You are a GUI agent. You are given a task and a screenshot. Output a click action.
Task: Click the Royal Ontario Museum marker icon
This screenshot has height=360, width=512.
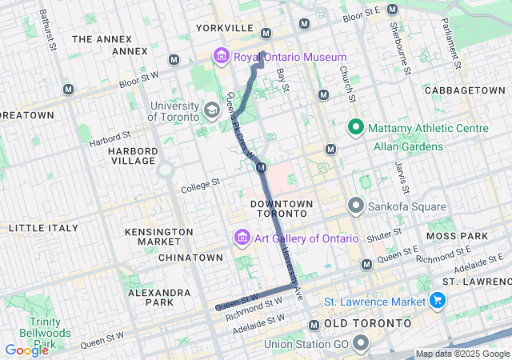[221, 57]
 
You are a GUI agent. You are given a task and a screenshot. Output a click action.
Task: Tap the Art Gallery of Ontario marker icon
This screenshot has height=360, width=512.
[241, 238]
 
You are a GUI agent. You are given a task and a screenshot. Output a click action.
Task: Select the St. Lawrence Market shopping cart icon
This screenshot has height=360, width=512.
[437, 301]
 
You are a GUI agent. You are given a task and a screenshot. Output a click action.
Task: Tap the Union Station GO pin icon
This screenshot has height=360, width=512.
[360, 345]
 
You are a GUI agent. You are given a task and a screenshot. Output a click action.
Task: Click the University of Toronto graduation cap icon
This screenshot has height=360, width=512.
[212, 110]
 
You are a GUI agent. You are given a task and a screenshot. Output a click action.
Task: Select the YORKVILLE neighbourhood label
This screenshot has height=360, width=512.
[224, 28]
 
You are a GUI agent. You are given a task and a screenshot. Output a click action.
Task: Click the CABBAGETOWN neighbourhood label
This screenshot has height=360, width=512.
[465, 90]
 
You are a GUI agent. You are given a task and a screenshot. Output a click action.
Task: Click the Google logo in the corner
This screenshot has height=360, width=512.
[26, 350]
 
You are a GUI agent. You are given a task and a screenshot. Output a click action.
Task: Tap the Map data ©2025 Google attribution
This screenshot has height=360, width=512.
[462, 354]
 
